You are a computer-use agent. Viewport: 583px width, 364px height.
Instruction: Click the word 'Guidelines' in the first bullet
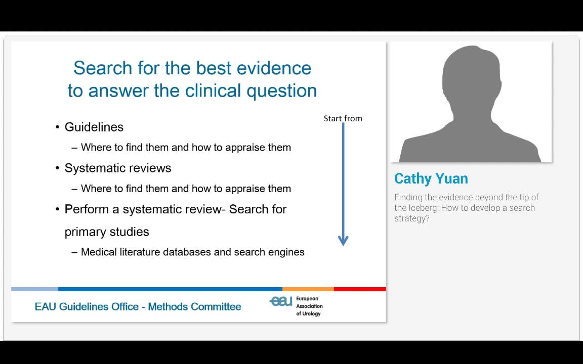(94, 127)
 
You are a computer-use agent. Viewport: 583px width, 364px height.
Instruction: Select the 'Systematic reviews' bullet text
(118, 168)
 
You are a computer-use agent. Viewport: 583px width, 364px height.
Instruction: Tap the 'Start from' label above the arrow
(343, 119)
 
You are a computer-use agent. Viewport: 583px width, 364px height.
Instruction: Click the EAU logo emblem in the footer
(281, 301)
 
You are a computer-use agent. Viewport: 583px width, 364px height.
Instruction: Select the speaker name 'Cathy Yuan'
(431, 178)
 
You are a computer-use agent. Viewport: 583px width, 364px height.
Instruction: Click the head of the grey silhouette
(471, 76)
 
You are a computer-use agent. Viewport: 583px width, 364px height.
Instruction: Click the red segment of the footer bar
(360, 289)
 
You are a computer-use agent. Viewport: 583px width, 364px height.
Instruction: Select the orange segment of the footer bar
(308, 289)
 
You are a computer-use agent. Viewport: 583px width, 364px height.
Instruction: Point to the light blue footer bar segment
(34, 289)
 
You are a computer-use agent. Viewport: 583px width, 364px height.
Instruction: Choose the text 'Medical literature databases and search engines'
(193, 252)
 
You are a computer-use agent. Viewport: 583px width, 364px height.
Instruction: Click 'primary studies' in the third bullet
(107, 232)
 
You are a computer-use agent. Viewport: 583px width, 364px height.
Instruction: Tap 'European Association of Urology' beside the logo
(309, 306)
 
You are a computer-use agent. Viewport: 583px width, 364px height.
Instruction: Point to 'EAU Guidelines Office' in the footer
(87, 307)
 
